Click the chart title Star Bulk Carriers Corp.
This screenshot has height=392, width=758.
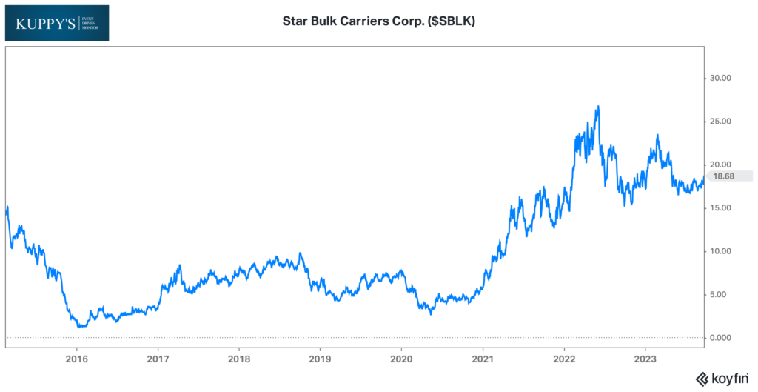(379, 21)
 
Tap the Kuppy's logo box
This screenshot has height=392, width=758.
(56, 23)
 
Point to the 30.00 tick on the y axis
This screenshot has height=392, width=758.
(720, 78)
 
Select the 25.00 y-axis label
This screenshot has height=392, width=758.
(720, 122)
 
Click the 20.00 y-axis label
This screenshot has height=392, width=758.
(720, 165)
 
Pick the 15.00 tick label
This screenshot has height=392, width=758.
(720, 208)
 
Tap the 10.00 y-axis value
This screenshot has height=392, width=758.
(720, 251)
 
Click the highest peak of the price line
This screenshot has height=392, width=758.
(597, 106)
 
